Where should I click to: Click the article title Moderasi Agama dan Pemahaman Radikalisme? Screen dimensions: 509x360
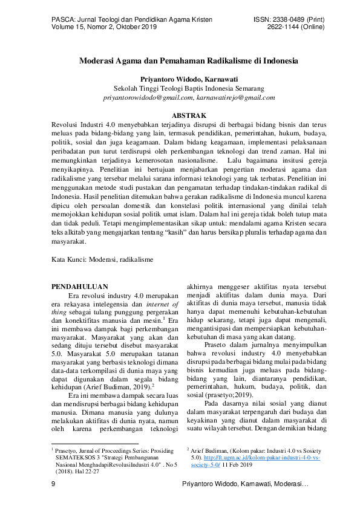click(180, 61)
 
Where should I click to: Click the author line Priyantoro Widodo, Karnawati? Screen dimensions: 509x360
click(180, 79)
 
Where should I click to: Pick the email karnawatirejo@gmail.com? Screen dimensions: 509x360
click(236, 97)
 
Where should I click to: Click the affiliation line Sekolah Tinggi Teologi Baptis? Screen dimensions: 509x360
click(180, 88)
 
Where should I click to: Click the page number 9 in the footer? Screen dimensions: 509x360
click(54, 485)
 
